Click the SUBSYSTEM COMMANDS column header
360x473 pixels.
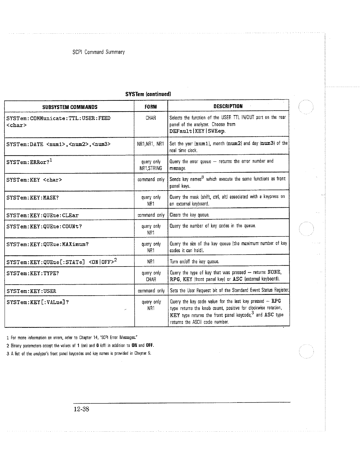(70, 107)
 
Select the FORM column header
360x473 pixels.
(151, 107)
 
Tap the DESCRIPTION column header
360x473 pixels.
(228, 106)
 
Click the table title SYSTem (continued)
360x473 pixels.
(148, 94)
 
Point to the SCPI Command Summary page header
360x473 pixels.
(98, 52)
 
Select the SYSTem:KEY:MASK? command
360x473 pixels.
(32, 198)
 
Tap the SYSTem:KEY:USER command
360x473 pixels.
(31, 291)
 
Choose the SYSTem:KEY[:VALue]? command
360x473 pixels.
(37, 302)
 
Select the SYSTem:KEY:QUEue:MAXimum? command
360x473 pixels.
(47, 244)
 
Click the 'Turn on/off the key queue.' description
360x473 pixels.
(194, 261)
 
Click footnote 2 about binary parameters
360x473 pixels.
(80, 346)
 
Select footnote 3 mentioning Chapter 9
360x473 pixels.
(79, 353)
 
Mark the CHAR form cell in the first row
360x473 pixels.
(151, 118)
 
